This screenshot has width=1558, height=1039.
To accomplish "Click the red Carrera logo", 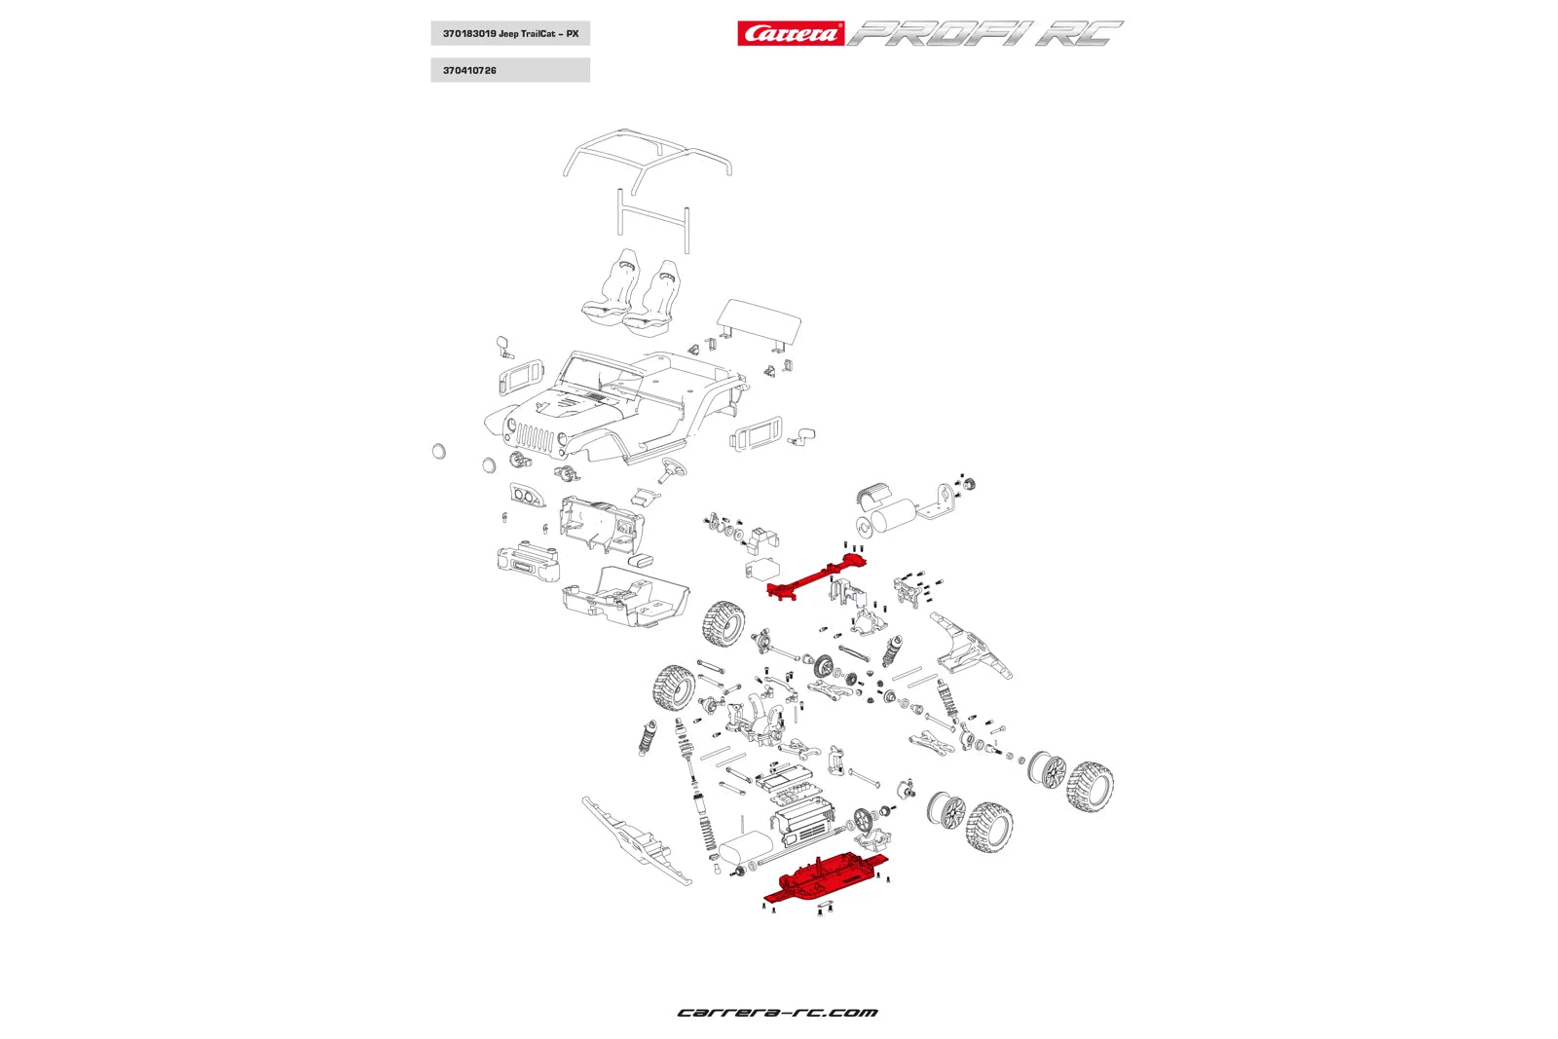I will [790, 34].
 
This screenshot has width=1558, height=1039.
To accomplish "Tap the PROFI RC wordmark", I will [983, 34].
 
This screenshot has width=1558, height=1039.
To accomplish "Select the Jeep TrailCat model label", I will [510, 34].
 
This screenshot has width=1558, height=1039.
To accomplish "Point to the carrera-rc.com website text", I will [777, 1013].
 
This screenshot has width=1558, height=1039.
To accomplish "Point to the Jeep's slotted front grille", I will [535, 437].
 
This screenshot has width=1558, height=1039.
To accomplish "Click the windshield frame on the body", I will [596, 375].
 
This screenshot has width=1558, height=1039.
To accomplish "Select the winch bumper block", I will [529, 563].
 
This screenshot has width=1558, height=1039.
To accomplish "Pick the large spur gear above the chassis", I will [863, 819].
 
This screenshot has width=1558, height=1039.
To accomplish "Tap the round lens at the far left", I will [438, 451].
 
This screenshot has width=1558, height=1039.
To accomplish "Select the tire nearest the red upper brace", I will [723, 624].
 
